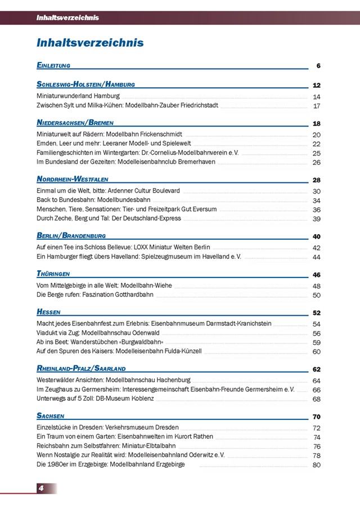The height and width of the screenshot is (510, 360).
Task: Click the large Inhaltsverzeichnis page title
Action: pos(90,43)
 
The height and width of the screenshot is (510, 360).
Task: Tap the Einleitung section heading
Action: pos(53,65)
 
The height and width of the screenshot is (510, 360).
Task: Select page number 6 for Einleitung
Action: pos(318,66)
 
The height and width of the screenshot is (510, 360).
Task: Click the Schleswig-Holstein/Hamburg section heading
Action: pos(85,84)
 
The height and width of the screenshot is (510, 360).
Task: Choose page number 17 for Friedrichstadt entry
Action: pos(317,106)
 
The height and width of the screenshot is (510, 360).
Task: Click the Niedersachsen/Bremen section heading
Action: pos(75,123)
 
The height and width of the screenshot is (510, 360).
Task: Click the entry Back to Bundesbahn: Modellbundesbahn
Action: pos(93,200)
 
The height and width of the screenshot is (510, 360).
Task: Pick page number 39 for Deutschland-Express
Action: pos(317,219)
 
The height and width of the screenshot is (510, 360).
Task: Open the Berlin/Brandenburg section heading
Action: pos(71,235)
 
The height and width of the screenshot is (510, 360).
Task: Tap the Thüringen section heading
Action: pos(53,274)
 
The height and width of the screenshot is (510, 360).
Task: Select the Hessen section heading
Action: pos(48,312)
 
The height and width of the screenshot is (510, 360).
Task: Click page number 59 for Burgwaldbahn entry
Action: pos(317,343)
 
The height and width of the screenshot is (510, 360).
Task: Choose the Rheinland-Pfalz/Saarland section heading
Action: pos(81,369)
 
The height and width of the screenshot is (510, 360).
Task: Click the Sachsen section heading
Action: pos(51,416)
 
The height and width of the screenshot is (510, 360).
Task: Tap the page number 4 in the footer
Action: pos(41,488)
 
